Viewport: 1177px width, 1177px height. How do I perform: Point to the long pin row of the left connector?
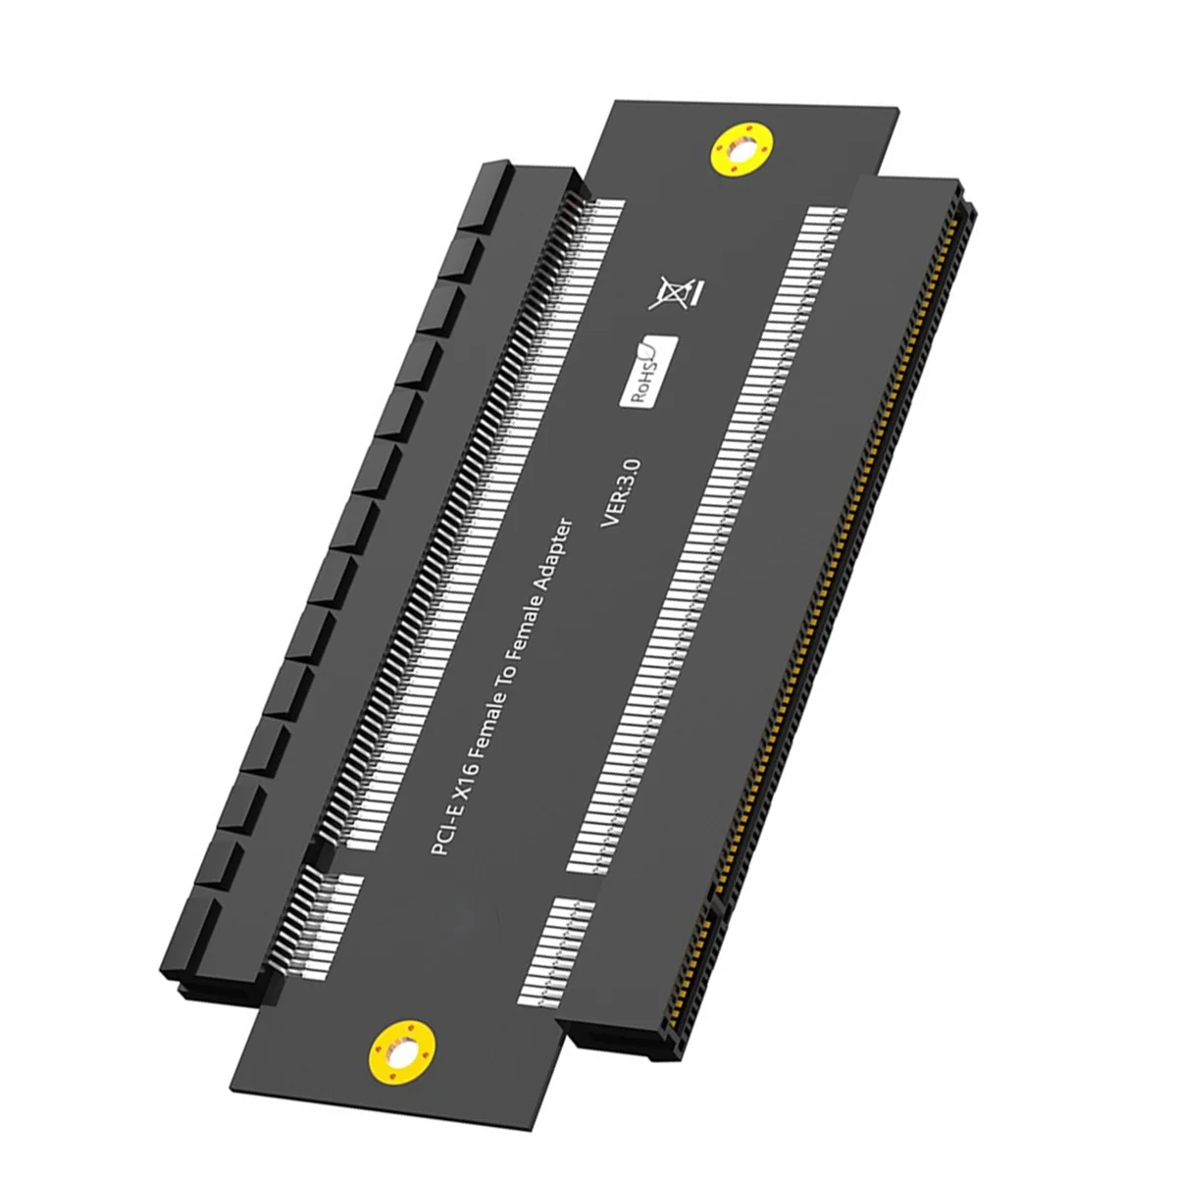click(x=461, y=510)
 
